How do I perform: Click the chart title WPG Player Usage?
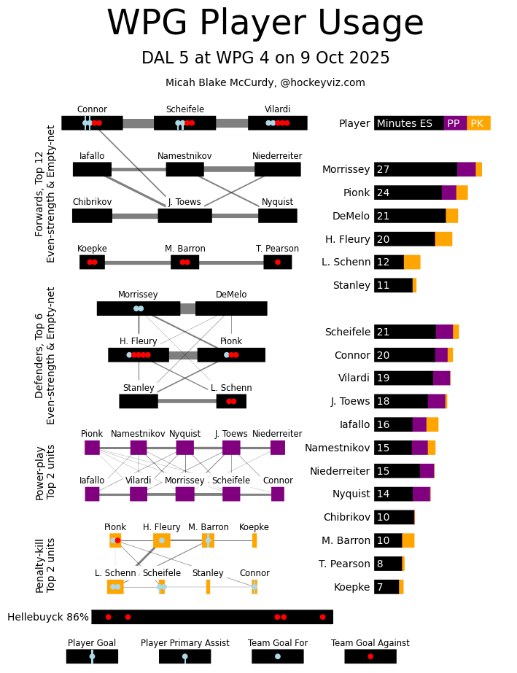(x=265, y=23)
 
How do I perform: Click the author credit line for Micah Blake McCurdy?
(x=265, y=82)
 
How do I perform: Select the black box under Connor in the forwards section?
(x=92, y=123)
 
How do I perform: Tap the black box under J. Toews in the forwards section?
(x=184, y=216)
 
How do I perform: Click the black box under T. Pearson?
(x=277, y=262)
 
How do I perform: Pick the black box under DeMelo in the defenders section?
(x=231, y=308)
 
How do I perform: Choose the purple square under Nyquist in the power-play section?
(x=184, y=448)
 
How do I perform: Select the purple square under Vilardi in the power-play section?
(x=139, y=494)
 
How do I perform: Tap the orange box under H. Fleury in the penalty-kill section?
(x=161, y=540)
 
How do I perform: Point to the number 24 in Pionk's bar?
(x=383, y=192)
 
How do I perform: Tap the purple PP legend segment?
(x=454, y=123)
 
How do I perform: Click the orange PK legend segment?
(x=478, y=123)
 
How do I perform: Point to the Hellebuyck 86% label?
(x=48, y=617)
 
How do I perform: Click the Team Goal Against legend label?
(x=370, y=643)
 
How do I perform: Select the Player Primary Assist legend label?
(x=184, y=643)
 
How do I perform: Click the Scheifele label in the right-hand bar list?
(x=347, y=332)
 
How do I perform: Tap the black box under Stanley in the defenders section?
(x=139, y=401)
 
